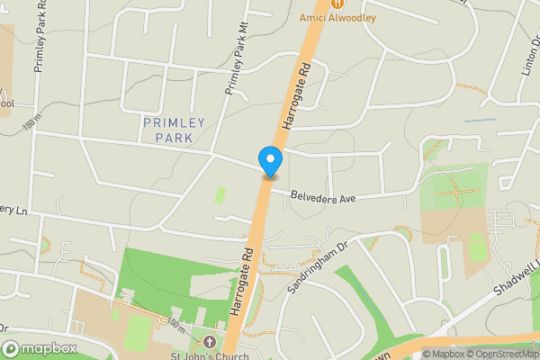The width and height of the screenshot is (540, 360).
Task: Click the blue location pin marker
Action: [270, 160]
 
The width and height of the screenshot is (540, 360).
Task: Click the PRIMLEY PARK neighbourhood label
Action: [174, 130]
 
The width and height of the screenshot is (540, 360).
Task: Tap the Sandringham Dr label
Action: [317, 266]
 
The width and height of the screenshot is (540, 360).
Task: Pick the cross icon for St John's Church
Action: [210, 341]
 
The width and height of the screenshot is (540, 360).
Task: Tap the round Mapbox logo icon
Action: [11, 348]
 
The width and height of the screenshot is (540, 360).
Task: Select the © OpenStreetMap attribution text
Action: [499, 354]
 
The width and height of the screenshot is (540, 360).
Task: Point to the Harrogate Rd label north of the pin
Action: [295, 94]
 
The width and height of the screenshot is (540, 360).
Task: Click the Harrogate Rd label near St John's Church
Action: [239, 282]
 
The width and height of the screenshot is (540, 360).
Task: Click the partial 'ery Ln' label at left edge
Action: [14, 210]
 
